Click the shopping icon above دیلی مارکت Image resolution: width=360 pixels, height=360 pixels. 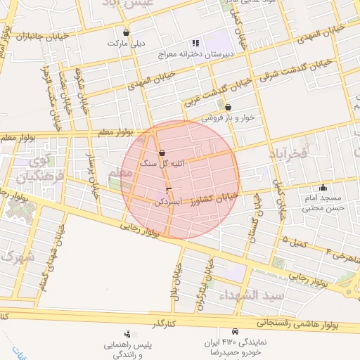(126, 32)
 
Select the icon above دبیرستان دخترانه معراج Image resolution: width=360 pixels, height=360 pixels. (195, 44)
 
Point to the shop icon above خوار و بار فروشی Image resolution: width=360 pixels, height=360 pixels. (228, 108)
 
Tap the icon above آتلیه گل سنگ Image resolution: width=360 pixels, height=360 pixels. (162, 153)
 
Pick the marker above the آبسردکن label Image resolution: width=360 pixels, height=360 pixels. (167, 191)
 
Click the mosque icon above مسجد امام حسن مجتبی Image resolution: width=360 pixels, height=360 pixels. (323, 187)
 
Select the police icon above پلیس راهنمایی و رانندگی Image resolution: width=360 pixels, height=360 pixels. (127, 334)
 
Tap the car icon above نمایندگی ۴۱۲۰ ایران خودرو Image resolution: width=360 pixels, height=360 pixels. (235, 331)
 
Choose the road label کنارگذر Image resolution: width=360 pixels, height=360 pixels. (172, 323)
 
